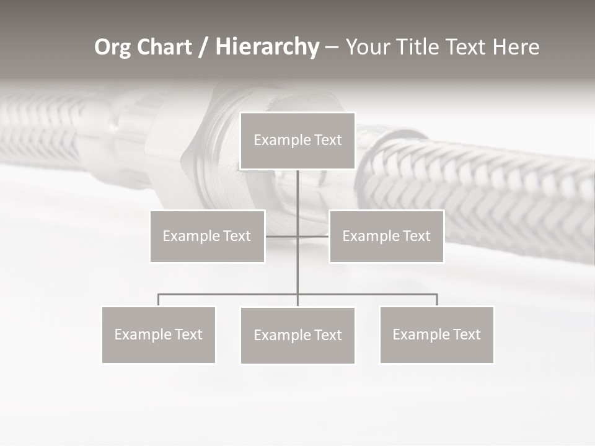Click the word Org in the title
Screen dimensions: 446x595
(x=113, y=47)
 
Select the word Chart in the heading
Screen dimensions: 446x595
(x=164, y=47)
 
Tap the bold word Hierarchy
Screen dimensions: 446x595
(x=267, y=47)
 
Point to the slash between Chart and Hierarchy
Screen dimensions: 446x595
(x=203, y=48)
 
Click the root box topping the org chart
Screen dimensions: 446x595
(x=297, y=141)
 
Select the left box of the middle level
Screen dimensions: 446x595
(x=207, y=236)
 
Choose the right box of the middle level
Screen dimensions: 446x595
(x=386, y=236)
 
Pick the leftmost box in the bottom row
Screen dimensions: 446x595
(x=158, y=334)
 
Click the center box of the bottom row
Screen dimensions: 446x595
(x=297, y=335)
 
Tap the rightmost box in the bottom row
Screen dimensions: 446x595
(x=436, y=334)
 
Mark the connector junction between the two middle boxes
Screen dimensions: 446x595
(x=297, y=236)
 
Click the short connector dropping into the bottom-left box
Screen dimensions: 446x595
(x=158, y=300)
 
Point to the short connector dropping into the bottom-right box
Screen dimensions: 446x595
(x=437, y=300)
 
